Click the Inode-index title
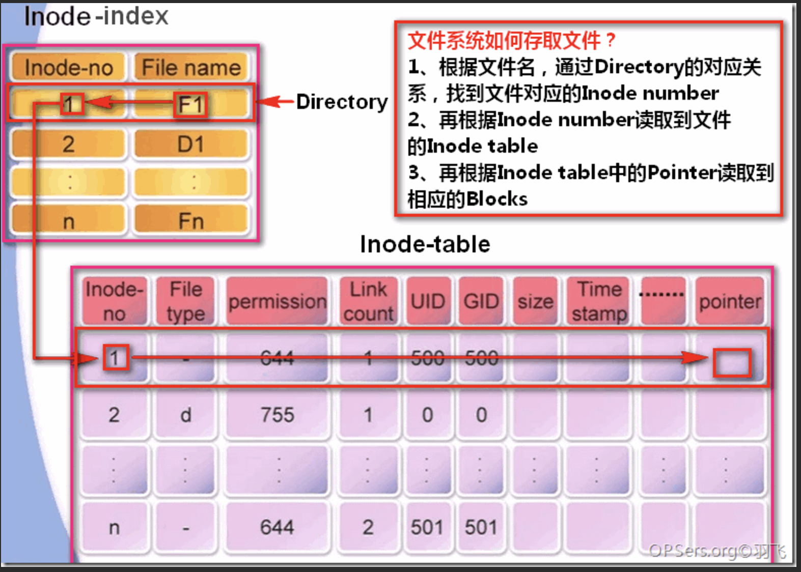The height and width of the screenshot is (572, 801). point(96,16)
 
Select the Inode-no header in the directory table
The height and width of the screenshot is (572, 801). point(69,67)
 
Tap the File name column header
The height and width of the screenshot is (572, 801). point(191,67)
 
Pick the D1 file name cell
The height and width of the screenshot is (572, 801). point(190,145)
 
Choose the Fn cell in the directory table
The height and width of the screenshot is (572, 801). point(190,221)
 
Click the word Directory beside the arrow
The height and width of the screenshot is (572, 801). point(342,102)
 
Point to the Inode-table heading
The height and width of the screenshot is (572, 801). point(425,244)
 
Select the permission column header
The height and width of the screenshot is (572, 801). point(277,302)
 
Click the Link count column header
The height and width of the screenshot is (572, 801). point(368,302)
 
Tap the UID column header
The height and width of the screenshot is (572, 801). point(428,302)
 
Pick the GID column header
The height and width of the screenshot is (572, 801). point(481,302)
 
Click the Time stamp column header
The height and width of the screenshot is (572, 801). point(599,302)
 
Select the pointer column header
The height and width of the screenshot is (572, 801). point(730,302)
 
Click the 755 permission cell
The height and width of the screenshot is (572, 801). point(277,415)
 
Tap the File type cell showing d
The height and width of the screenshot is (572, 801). point(185,415)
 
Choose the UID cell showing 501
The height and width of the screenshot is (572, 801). point(427,527)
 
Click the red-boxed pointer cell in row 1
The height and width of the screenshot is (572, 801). point(732,363)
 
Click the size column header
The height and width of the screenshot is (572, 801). point(535,302)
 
